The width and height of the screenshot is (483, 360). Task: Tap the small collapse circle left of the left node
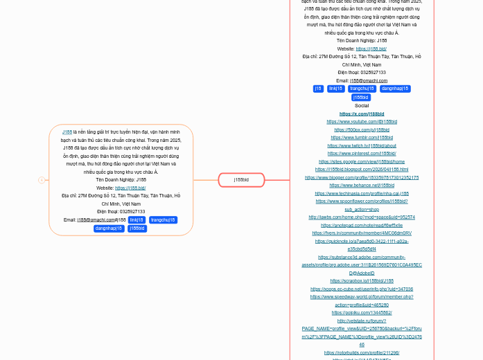tap(42, 180)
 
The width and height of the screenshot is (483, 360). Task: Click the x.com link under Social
tap(362, 114)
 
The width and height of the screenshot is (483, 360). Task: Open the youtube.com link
tap(362, 121)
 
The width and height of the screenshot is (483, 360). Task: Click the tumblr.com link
tap(362, 137)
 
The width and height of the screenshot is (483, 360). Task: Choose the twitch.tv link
tap(362, 145)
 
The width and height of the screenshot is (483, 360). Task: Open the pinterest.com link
tap(362, 153)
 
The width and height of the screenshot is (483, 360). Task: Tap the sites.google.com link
tap(362, 161)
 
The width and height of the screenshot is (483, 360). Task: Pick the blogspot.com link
tap(362, 169)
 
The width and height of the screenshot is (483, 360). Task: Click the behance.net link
tap(362, 185)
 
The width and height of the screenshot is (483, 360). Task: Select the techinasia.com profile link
tap(362, 193)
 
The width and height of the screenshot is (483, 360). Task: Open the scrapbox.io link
tap(362, 280)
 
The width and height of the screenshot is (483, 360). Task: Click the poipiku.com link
tap(362, 312)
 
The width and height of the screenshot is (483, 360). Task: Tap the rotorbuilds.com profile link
tap(362, 352)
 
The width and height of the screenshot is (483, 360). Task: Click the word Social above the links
tap(362, 105)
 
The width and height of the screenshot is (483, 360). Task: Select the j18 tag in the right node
tap(318, 89)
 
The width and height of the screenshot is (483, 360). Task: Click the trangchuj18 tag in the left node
tap(163, 220)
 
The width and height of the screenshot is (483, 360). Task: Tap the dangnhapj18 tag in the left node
tap(109, 228)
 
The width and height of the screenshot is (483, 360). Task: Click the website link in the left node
tap(130, 188)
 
